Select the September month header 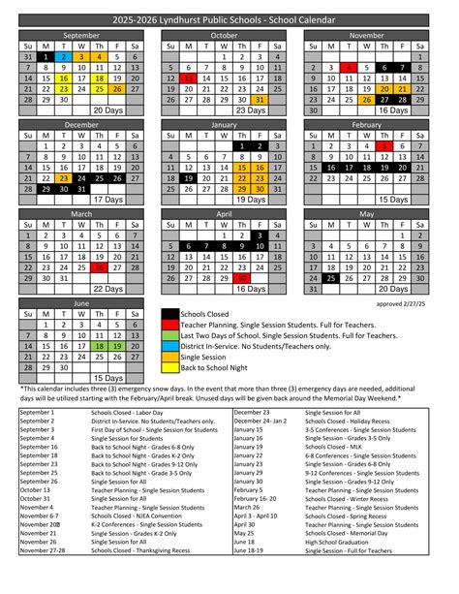coord(80,34)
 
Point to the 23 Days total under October coord(249,110)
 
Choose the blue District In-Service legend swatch coord(169,345)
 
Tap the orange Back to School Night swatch coord(169,369)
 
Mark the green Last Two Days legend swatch coord(169,336)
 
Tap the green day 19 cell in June coord(115,344)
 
